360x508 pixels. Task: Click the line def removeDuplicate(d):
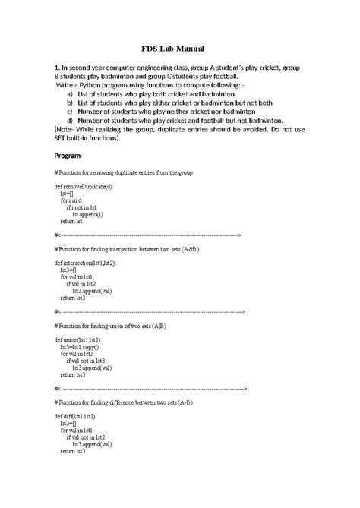(84, 186)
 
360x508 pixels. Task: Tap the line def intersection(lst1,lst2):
(85, 262)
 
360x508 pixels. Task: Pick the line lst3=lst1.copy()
(85, 347)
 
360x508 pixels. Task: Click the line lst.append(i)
(87, 215)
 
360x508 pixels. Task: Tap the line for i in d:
(74, 200)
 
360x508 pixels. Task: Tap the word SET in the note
(64, 138)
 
